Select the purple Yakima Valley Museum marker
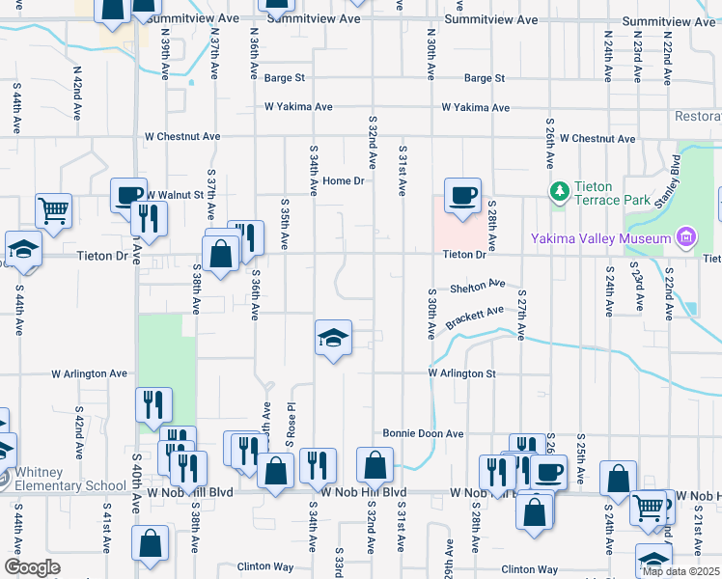tap(685, 237)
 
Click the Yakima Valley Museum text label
tap(600, 238)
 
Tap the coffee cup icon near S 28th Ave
tap(461, 196)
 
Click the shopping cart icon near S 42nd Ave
tap(53, 209)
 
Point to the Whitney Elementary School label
tap(64, 478)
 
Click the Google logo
tap(32, 566)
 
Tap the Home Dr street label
tap(344, 180)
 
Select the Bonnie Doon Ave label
tap(424, 433)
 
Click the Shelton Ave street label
tap(478, 287)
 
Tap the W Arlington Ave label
tap(90, 373)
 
